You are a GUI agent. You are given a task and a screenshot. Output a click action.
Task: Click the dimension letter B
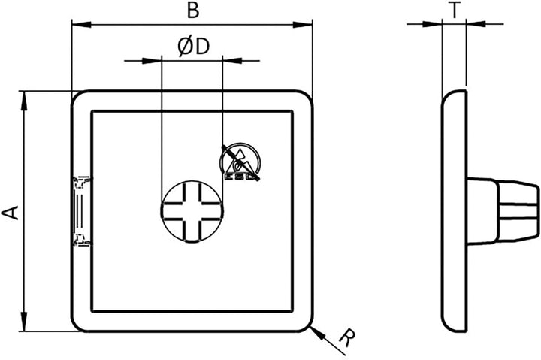tap(193, 11)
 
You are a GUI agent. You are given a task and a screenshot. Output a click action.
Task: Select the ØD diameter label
tap(194, 47)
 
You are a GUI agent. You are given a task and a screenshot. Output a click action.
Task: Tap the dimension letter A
tap(11, 213)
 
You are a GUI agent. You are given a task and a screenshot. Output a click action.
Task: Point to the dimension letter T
tap(455, 11)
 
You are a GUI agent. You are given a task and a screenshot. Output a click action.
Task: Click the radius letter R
tap(347, 338)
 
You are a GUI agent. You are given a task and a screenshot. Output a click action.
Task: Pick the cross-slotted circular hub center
tap(192, 211)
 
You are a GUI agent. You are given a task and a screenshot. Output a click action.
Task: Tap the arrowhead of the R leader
tap(317, 332)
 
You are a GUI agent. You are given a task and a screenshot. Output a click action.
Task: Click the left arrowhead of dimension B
tap(81, 25)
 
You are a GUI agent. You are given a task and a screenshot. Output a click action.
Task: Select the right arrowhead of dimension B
tap(303, 25)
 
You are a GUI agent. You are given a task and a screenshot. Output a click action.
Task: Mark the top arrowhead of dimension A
tap(24, 101)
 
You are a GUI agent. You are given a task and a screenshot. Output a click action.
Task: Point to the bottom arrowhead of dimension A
tap(24, 322)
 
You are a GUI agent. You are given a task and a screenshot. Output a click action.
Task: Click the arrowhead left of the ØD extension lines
tap(152, 61)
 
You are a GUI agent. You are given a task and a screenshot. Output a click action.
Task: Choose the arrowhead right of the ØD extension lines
tap(232, 61)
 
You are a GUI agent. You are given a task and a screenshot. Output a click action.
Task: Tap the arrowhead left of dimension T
tap(432, 24)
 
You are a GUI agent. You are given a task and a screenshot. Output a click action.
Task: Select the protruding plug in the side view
tap(503, 211)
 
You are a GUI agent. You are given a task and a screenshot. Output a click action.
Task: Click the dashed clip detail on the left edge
tap(82, 211)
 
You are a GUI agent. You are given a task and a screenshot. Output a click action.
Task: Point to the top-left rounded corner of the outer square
tap(77, 96)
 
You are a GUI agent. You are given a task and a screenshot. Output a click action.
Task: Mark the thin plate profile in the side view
tap(455, 211)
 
